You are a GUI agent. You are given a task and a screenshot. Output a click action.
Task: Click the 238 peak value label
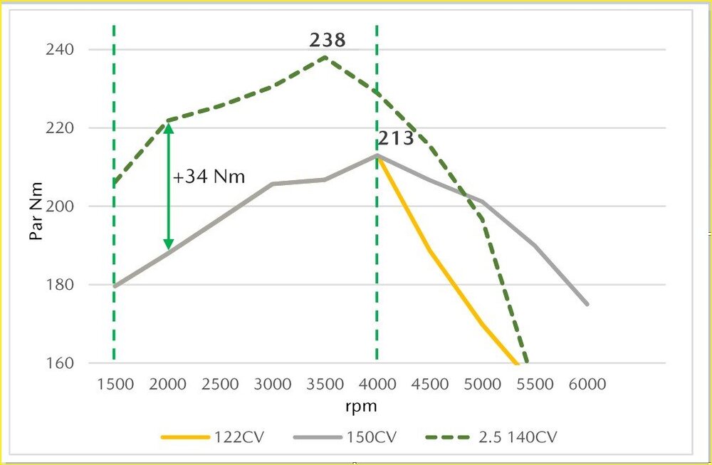327,40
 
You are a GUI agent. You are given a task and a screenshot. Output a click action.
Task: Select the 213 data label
396,138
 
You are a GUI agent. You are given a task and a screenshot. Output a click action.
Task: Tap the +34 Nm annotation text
209,176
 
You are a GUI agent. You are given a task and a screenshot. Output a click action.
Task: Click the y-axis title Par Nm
38,211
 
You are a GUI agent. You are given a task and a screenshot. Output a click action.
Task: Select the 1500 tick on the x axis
115,385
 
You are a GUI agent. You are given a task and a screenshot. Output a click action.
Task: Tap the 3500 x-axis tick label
325,385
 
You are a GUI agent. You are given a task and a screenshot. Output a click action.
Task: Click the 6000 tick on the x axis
587,385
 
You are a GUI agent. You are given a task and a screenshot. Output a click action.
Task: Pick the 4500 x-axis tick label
430,385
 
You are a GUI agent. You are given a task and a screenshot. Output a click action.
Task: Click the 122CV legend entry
213,437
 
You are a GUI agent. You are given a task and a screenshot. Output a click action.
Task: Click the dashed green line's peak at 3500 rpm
325,56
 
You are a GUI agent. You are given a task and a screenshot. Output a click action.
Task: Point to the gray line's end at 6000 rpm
587,304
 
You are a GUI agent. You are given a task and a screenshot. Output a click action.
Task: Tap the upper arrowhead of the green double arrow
168,127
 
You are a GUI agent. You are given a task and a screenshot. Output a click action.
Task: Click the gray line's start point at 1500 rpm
115,286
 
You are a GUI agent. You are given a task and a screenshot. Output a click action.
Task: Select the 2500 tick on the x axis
220,385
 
